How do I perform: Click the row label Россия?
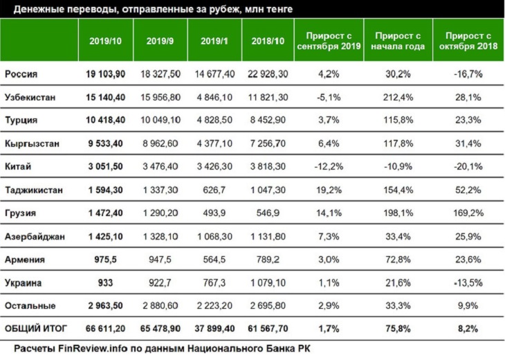(x=21, y=73)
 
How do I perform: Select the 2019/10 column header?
(x=105, y=41)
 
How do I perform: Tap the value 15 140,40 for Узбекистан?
(x=105, y=96)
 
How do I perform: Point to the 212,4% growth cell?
(x=397, y=96)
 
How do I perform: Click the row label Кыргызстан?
(x=33, y=143)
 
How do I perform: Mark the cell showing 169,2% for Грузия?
(x=465, y=213)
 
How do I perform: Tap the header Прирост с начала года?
(x=397, y=41)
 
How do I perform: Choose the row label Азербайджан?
(x=35, y=237)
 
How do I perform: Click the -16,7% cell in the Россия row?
(x=465, y=73)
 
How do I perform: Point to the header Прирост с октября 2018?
(x=465, y=41)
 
